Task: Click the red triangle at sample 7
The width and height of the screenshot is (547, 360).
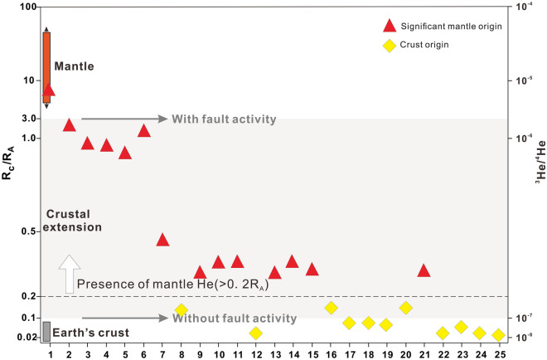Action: pos(162,240)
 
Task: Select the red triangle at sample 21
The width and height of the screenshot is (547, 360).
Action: pos(424,270)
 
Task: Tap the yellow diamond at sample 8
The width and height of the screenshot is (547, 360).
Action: pos(181,310)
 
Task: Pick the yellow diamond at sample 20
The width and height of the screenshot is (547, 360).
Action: pos(405,308)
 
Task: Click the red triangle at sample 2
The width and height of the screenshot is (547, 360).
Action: pos(69,125)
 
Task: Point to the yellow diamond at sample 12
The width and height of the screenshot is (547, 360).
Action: pos(256,333)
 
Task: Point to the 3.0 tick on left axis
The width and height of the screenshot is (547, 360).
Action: pos(27,119)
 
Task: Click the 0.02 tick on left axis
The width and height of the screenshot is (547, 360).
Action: pos(24,338)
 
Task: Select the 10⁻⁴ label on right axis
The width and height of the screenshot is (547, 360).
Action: pos(524,7)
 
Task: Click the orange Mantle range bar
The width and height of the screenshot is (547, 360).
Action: pos(46,66)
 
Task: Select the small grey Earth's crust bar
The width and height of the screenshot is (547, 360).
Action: pos(46,331)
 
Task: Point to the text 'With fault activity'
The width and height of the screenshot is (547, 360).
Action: pos(224,119)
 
